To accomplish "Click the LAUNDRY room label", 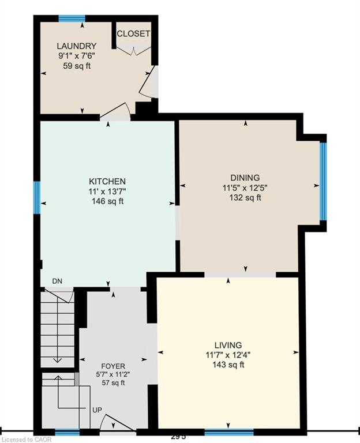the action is [x=77, y=46].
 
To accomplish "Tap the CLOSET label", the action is [x=133, y=33].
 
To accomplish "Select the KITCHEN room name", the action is [x=107, y=181].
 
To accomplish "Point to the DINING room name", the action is [x=245, y=178].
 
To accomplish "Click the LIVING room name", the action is [x=228, y=345].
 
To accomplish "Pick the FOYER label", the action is [x=113, y=366].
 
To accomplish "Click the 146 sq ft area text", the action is [x=108, y=201].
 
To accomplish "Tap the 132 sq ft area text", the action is [x=245, y=197].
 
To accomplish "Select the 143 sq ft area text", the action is [x=228, y=365].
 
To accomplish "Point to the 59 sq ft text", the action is [x=77, y=66].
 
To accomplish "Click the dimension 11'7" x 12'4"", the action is [x=228, y=355].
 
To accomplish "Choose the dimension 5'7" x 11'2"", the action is [x=113, y=374].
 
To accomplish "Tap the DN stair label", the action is [x=57, y=281].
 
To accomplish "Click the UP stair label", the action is [x=97, y=410].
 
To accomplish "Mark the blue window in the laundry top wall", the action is [x=72, y=18].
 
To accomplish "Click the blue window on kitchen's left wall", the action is [x=37, y=197].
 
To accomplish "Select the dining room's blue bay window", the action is [x=323, y=181].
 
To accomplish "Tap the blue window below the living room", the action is [x=229, y=432].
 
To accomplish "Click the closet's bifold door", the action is [x=133, y=51].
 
